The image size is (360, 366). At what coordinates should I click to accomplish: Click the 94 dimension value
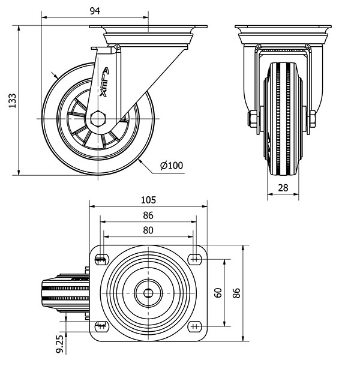95,11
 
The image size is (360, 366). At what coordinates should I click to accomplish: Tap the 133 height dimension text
13,101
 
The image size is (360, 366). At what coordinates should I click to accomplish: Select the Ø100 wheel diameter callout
172,166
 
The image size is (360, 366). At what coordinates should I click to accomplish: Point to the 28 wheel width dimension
283,188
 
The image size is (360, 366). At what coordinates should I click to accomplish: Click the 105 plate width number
148,200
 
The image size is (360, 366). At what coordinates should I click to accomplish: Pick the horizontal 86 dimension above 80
148,215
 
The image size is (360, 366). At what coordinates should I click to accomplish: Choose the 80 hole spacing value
148,230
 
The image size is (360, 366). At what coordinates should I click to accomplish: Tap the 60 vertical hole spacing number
218,293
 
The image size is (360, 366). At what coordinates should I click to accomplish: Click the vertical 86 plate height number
236,293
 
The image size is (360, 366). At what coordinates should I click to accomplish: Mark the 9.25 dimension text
60,344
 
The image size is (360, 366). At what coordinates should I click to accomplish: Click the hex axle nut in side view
98,119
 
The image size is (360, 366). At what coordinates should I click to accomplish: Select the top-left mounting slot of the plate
102,259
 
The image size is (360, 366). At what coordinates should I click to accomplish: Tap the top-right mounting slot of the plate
195,259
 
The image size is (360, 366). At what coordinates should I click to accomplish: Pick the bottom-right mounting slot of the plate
195,326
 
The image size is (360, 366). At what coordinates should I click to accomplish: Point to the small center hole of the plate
148,293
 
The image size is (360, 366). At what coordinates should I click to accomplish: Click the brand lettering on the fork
104,82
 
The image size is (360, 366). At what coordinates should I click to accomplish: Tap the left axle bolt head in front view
253,119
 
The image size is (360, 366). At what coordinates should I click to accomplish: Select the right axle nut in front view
313,119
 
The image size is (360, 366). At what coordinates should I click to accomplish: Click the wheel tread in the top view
66,293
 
